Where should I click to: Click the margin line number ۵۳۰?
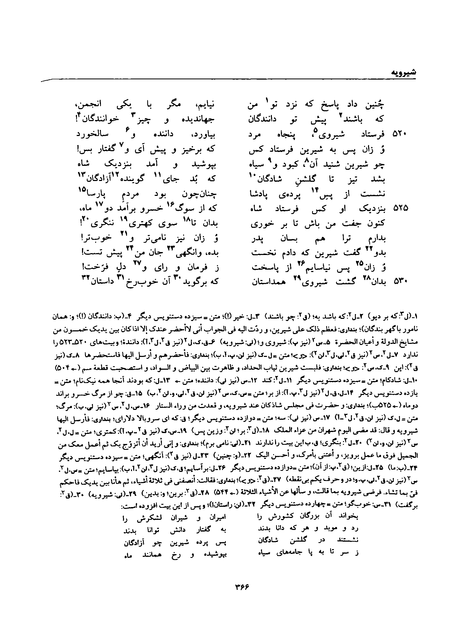400,282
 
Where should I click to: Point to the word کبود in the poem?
288,165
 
